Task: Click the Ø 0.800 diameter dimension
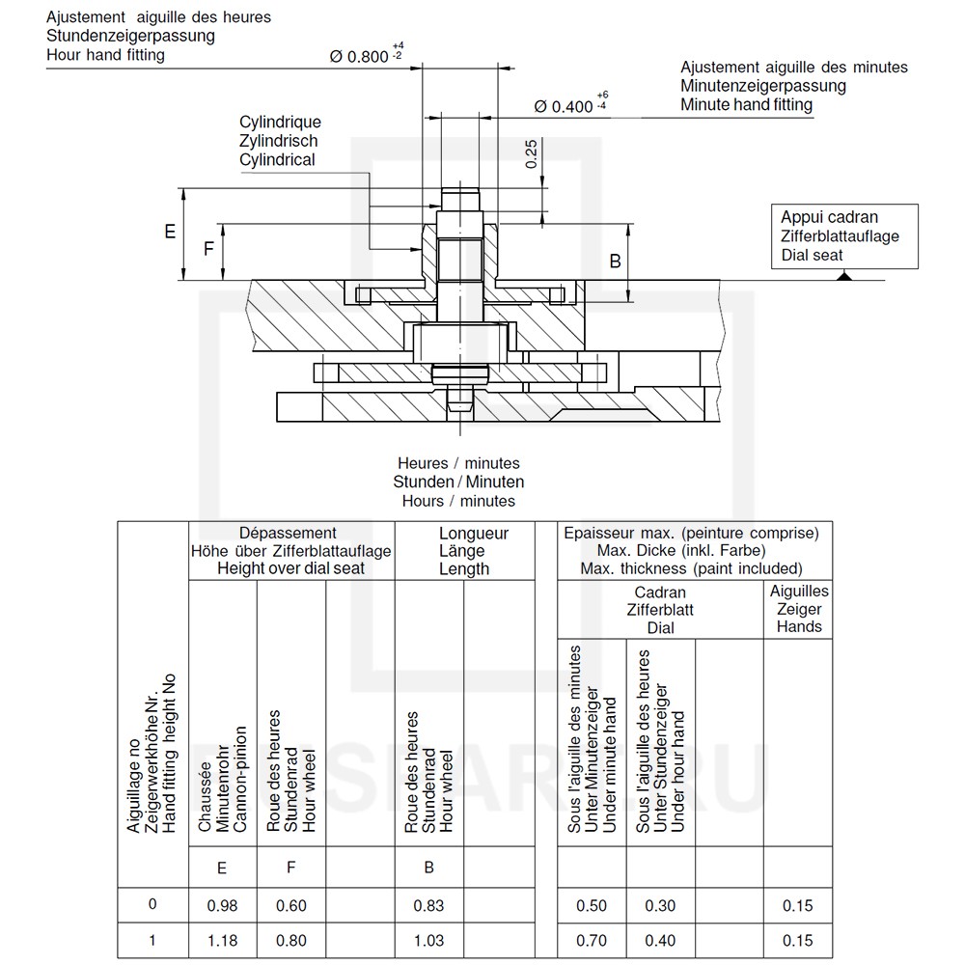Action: point(361,56)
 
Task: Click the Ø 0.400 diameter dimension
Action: point(564,106)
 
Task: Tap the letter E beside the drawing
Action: point(170,233)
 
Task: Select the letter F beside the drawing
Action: point(208,249)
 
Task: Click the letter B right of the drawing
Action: point(615,262)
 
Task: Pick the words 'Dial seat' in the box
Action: point(812,256)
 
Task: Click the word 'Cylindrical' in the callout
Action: point(277,159)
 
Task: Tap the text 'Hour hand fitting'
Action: point(105,55)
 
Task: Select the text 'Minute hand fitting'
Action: point(746,104)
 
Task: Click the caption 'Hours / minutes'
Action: point(458,501)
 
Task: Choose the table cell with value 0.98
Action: point(222,905)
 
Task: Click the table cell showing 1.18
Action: point(222,940)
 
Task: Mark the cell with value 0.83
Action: point(429,905)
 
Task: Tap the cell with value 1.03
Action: point(429,940)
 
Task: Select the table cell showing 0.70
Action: point(592,940)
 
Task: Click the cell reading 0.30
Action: point(661,905)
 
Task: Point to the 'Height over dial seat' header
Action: point(290,568)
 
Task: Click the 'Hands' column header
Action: point(799,626)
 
